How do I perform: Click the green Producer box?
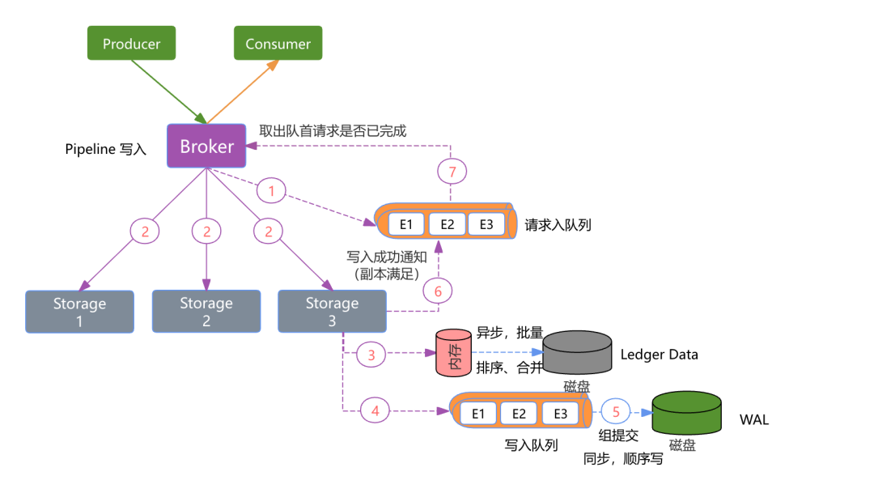pyautogui.click(x=131, y=44)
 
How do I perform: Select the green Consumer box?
pyautogui.click(x=278, y=44)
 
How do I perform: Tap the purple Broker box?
pyautogui.click(x=206, y=147)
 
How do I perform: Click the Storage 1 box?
pyautogui.click(x=79, y=312)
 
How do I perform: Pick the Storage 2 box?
pyautogui.click(x=206, y=312)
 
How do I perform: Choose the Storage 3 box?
pyautogui.click(x=332, y=312)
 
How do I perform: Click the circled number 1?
pyautogui.click(x=272, y=191)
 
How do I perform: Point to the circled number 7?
pyautogui.click(x=452, y=172)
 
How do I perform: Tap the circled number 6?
pyautogui.click(x=438, y=291)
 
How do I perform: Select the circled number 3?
pyautogui.click(x=371, y=354)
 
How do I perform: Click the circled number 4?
pyautogui.click(x=375, y=410)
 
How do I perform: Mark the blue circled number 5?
pyautogui.click(x=616, y=411)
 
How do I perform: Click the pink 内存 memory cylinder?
pyautogui.click(x=453, y=353)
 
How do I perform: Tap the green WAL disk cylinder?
pyautogui.click(x=686, y=413)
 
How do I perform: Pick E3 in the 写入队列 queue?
pyautogui.click(x=560, y=414)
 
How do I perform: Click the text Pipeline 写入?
pyautogui.click(x=105, y=150)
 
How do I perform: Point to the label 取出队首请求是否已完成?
pyautogui.click(x=332, y=130)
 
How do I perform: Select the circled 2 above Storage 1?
pyautogui.click(x=145, y=232)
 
